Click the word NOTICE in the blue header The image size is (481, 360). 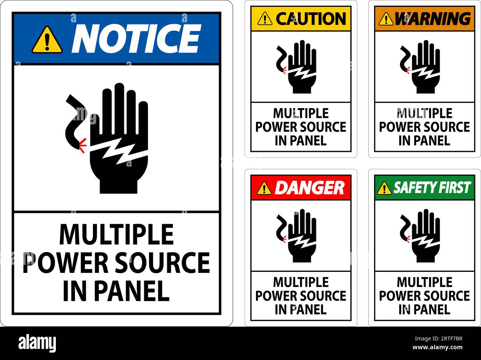[x=136, y=38]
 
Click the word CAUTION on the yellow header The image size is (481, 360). [x=311, y=19]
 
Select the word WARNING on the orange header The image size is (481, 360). [x=433, y=19]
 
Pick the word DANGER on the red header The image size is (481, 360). [x=309, y=188]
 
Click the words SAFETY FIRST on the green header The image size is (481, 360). [x=432, y=188]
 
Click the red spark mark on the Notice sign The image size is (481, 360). [x=83, y=146]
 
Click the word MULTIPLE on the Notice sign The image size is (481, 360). [x=117, y=235]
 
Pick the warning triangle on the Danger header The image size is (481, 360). [x=264, y=188]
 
